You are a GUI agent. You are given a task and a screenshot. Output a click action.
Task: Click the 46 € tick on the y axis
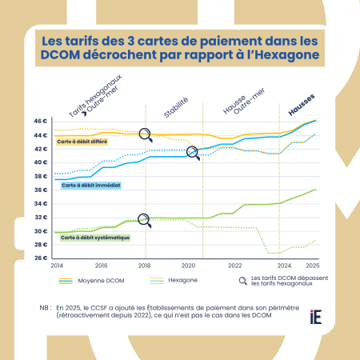[42, 122]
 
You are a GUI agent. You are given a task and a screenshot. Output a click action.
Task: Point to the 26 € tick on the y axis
[42, 258]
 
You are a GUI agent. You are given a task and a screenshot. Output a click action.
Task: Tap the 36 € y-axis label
[42, 190]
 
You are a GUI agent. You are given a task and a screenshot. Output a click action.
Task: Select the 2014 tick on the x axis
[55, 265]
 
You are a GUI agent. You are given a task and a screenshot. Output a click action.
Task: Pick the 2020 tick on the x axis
[189, 265]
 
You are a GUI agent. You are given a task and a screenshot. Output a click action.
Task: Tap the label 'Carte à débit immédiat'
[90, 185]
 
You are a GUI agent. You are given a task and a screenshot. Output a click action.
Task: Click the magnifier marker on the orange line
[145, 134]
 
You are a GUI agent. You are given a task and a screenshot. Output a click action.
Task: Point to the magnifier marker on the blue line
[192, 152]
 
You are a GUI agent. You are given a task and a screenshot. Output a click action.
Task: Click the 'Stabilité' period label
[176, 107]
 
